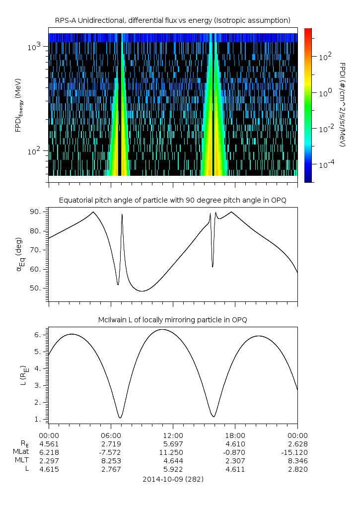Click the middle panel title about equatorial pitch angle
(x=173, y=200)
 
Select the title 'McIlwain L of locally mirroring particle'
(x=173, y=319)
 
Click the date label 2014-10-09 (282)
(x=173, y=479)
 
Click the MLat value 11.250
(x=173, y=452)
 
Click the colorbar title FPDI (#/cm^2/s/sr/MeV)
(x=342, y=104)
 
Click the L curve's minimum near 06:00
(x=120, y=418)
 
